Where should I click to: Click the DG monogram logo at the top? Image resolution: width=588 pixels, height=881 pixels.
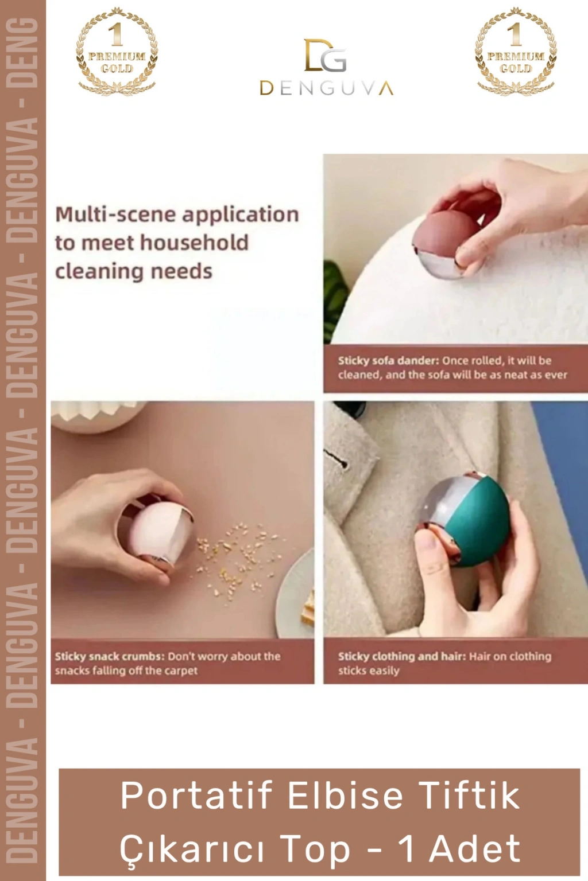point(326,55)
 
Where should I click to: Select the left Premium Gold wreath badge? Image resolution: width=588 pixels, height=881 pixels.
point(117,52)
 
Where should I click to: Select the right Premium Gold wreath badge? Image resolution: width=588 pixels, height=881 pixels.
point(516,52)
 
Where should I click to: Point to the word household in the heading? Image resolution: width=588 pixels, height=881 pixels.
point(195,242)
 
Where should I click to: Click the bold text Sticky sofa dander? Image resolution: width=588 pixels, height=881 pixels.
point(388,361)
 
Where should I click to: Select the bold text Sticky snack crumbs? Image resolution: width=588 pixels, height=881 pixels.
point(110,656)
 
